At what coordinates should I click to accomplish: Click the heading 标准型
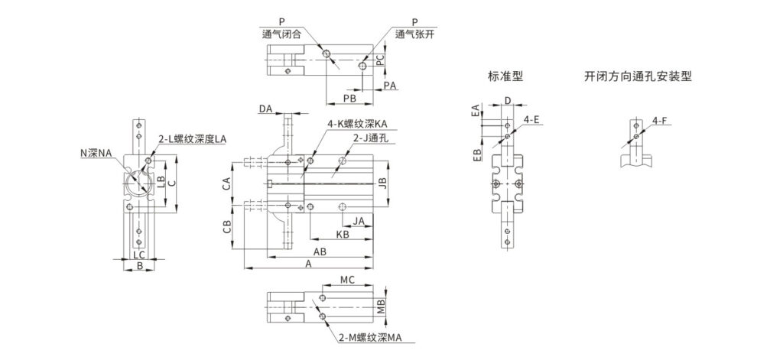pos(505,77)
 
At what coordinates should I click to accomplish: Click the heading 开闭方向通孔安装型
pos(638,77)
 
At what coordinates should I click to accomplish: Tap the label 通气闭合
pos(281,35)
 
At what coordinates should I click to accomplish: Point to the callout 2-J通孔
pos(371,138)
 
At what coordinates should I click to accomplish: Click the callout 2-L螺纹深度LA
pos(192,140)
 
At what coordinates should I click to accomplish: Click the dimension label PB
pos(349,99)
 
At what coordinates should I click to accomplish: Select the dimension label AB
pos(320,251)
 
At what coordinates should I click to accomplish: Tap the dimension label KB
pos(342,234)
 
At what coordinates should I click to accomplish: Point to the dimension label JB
pos(383,183)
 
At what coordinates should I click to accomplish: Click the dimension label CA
pos(226,183)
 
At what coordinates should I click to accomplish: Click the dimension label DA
pos(265,109)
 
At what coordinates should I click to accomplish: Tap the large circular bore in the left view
pos(137,183)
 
